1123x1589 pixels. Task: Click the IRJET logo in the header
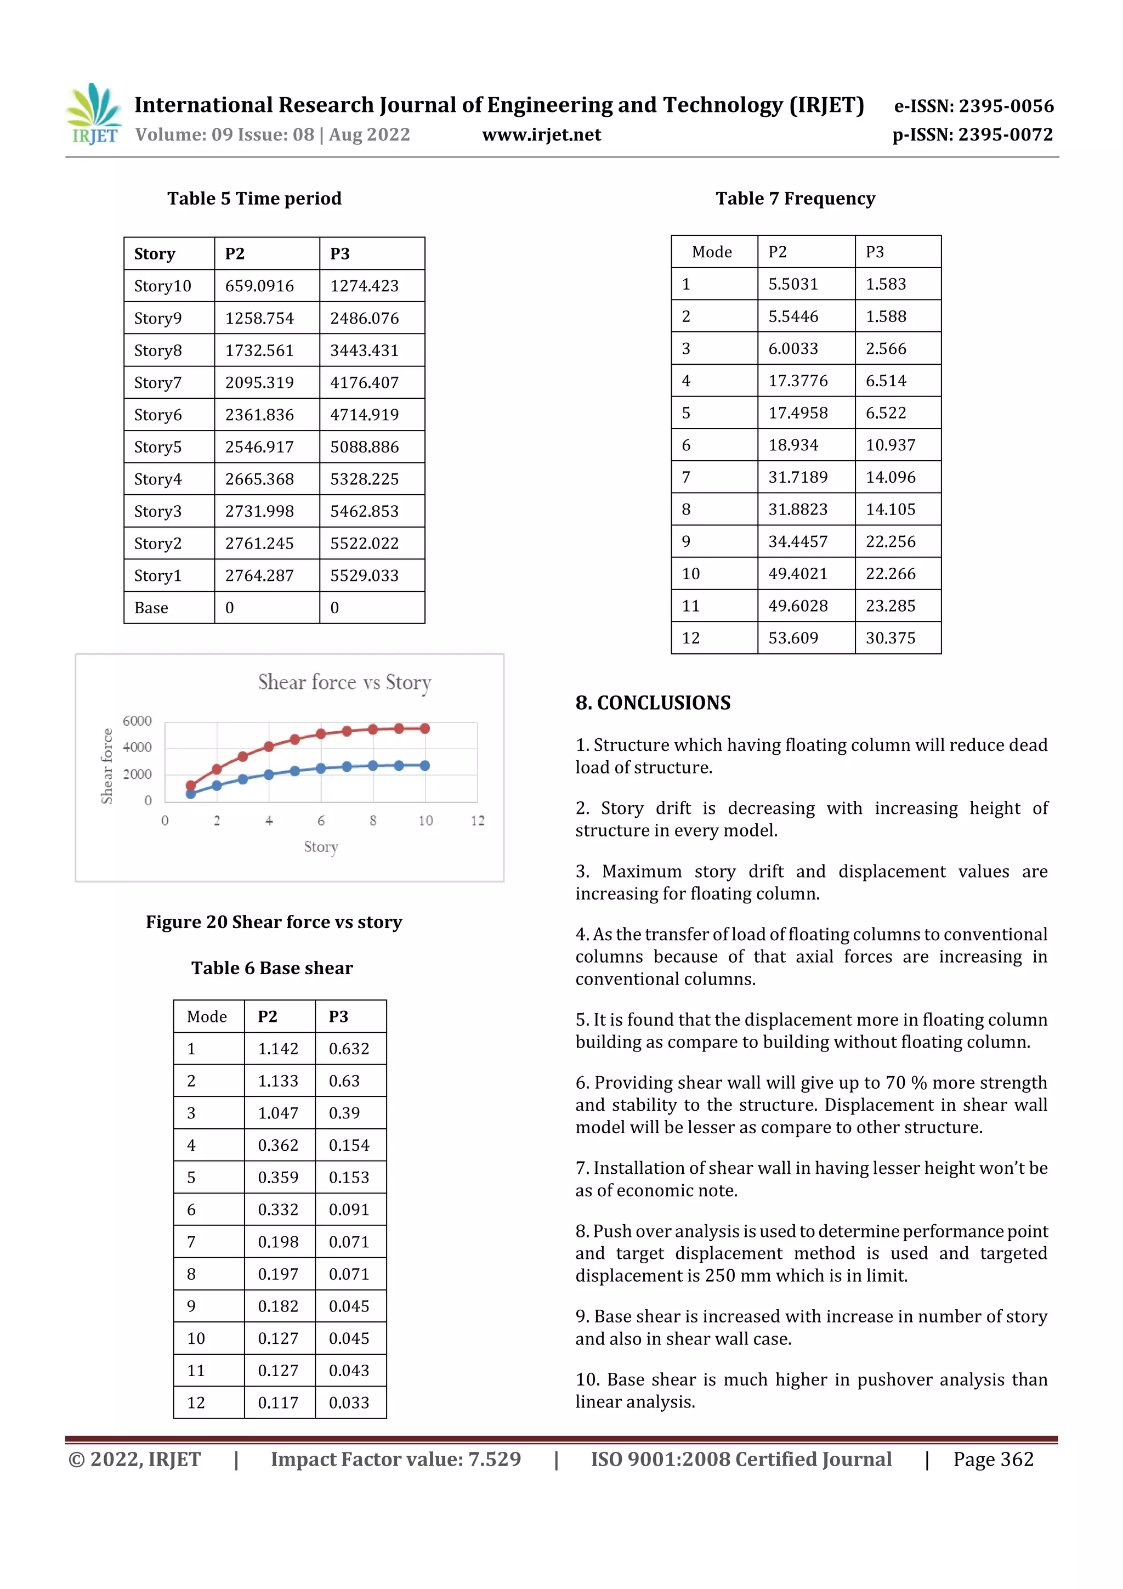(93, 114)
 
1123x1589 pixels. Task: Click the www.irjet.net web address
(541, 134)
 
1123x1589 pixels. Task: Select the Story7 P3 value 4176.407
(364, 383)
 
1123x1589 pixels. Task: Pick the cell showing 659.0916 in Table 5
(259, 286)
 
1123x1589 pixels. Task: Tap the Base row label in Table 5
(151, 608)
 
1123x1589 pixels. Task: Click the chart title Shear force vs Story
(344, 682)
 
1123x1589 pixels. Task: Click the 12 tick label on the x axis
(478, 821)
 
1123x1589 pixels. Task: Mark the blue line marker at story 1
(191, 794)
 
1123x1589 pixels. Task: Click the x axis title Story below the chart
(320, 846)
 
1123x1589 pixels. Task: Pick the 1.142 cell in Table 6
(277, 1049)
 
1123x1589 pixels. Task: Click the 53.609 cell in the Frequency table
(793, 637)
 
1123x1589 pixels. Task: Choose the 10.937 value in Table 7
(890, 445)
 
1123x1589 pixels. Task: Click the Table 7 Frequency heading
(795, 199)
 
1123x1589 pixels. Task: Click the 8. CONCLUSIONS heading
(653, 703)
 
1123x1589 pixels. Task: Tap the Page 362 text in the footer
(993, 1459)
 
